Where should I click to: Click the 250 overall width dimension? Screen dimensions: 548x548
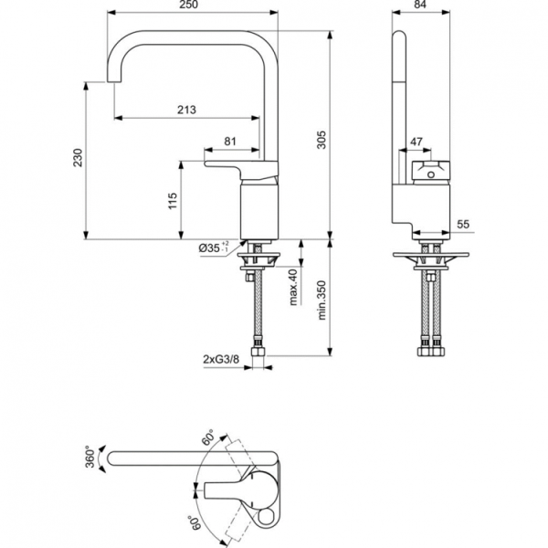click(191, 6)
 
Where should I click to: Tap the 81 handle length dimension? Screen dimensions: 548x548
click(229, 141)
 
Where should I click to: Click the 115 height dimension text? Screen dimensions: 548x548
click(173, 202)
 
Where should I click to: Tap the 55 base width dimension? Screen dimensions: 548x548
click(463, 224)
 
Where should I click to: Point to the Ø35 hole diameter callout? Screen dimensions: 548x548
click(213, 248)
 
